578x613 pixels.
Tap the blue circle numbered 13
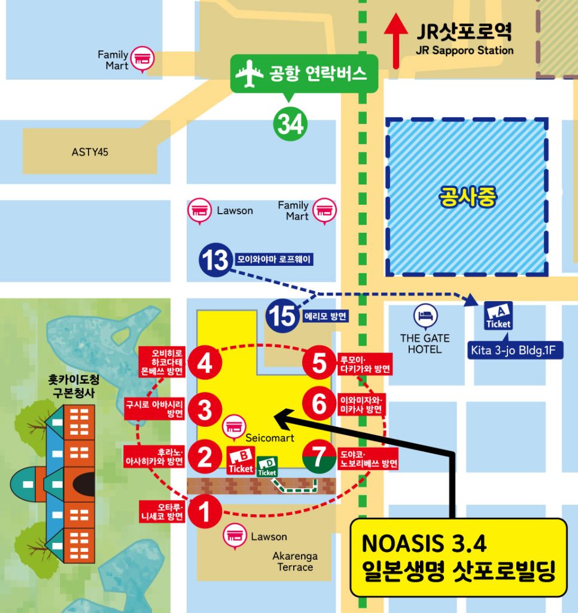click(x=215, y=260)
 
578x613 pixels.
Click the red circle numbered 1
click(x=205, y=512)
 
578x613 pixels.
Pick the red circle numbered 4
click(x=205, y=363)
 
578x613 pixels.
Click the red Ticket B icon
click(x=241, y=461)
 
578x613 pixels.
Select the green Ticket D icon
click(x=267, y=467)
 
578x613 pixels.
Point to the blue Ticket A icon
click(x=498, y=315)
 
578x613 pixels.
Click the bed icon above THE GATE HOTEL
click(x=425, y=315)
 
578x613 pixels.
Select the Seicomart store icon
click(x=233, y=426)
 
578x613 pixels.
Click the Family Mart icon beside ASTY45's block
click(x=143, y=58)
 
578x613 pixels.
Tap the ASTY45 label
click(x=90, y=152)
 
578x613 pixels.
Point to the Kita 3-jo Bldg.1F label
click(x=515, y=349)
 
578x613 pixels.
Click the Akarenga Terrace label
click(x=295, y=561)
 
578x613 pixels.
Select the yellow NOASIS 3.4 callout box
click(x=458, y=557)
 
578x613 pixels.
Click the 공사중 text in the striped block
click(x=467, y=197)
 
